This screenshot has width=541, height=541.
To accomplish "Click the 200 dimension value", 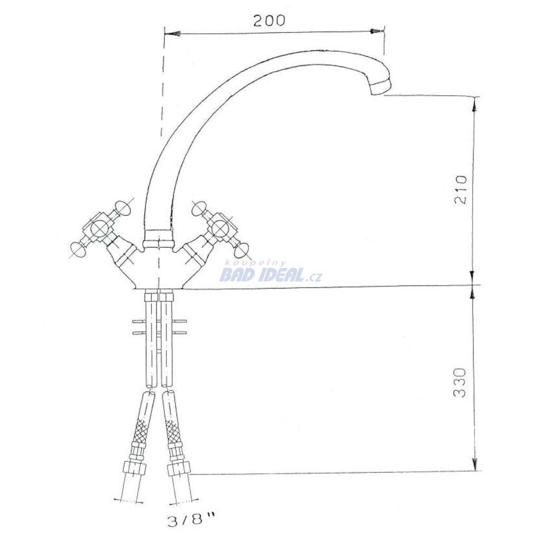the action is [269, 21].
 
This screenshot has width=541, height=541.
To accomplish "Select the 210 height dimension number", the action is [461, 190].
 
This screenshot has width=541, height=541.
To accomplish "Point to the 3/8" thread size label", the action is [191, 520].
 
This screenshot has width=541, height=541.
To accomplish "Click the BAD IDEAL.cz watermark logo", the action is [271, 275].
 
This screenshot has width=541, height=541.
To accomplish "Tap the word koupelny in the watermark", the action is [256, 263].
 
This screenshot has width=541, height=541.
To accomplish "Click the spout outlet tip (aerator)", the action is [380, 86].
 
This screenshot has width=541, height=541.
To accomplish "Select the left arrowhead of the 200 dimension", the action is [173, 34].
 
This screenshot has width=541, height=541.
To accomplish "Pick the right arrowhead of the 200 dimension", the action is [376, 31].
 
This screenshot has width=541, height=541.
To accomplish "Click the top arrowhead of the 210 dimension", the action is [475, 104].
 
